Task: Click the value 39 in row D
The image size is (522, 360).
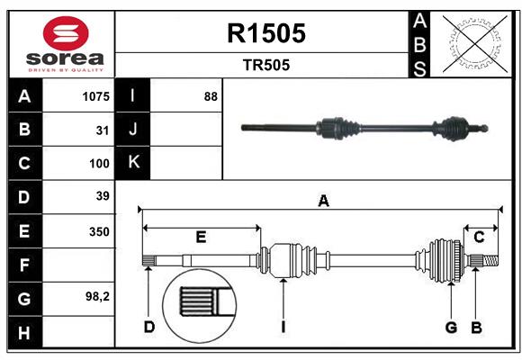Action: pos(102,196)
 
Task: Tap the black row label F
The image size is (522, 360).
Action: pos(24,265)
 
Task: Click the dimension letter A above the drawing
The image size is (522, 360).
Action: pos(323,202)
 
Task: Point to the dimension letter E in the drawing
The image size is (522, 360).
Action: pos(201,237)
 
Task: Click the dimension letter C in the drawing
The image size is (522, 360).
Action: pos(480,237)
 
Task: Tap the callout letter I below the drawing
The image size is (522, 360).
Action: pos(283,327)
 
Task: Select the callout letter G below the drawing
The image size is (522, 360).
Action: pos(452,327)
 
